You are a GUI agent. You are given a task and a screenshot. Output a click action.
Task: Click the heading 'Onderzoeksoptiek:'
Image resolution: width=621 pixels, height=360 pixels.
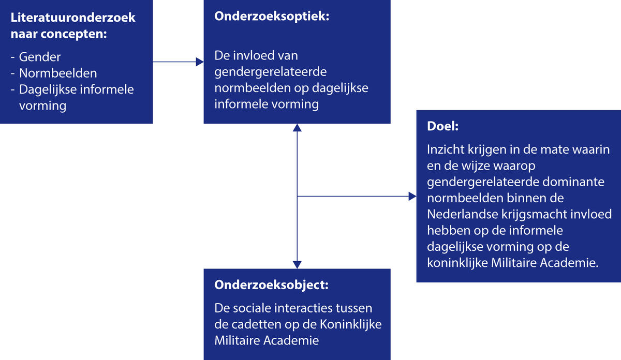pyautogui.click(x=272, y=16)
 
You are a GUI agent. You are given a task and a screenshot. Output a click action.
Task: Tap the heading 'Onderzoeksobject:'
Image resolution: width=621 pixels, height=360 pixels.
pyautogui.click(x=271, y=285)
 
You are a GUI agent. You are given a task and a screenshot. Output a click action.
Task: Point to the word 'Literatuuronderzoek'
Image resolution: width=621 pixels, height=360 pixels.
pyautogui.click(x=73, y=18)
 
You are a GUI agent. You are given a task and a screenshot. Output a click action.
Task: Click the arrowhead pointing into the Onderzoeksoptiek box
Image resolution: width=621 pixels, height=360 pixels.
pyautogui.click(x=200, y=62)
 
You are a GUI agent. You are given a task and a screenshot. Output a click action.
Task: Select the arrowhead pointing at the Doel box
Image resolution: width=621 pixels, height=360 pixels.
pyautogui.click(x=412, y=197)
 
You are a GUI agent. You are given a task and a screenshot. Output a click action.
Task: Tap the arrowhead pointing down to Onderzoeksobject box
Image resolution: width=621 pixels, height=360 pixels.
pyautogui.click(x=297, y=264)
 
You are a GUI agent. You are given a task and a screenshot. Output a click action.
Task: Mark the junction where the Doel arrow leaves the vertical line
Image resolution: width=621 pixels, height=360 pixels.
pyautogui.click(x=297, y=197)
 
